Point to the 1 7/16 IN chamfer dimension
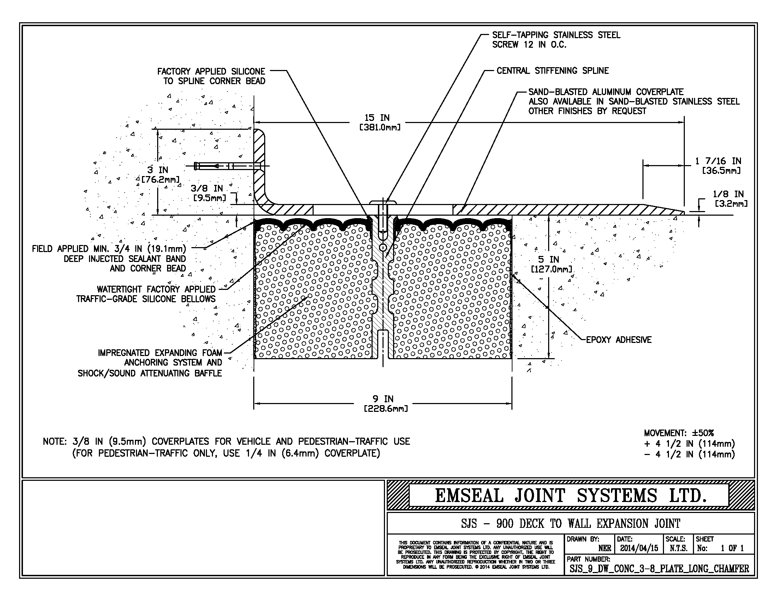coord(718,165)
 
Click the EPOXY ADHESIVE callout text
coord(618,340)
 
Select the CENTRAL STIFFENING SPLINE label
coord(552,70)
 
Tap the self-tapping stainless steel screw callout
coord(556,40)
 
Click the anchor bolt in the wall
coord(228,166)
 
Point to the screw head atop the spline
coord(383,203)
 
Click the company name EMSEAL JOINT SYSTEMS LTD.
coord(570,496)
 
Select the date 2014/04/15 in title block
coord(639,548)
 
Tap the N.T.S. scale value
coord(678,548)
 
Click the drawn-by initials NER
coord(604,548)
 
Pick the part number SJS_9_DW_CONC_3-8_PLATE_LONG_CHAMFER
coord(659,568)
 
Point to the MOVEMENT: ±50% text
coord(678,433)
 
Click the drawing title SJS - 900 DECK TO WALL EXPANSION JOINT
coord(570,523)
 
